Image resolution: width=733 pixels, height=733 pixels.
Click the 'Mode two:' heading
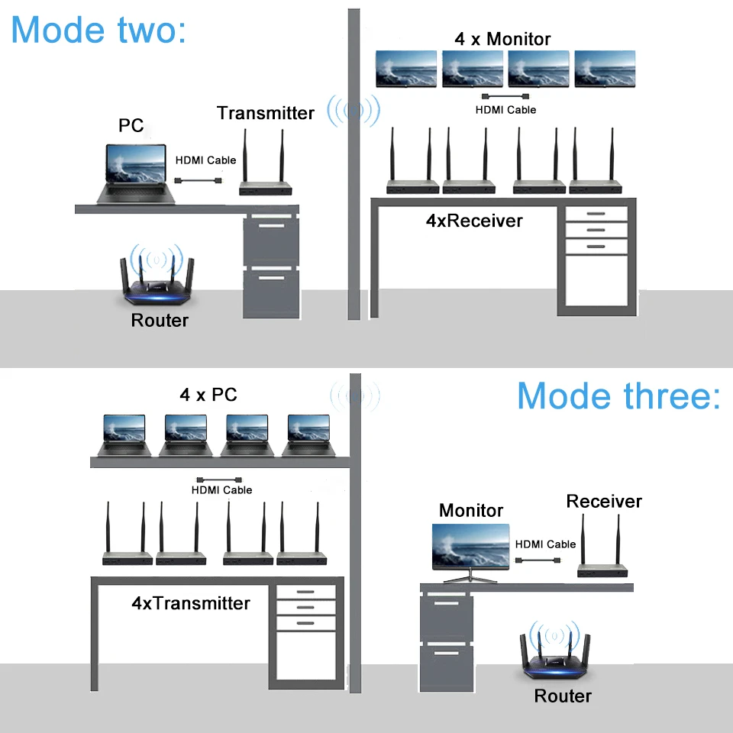pyautogui.click(x=98, y=30)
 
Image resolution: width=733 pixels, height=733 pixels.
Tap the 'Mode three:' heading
pyautogui.click(x=618, y=396)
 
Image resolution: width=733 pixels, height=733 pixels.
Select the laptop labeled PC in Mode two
pyautogui.click(x=136, y=174)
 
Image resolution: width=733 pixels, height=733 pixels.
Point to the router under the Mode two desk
pyautogui.click(x=157, y=277)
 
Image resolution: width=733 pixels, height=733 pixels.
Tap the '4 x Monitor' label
pyautogui.click(x=502, y=39)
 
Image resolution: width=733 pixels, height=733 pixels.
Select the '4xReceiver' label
pyautogui.click(x=474, y=221)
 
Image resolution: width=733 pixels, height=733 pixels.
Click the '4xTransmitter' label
pyautogui.click(x=191, y=603)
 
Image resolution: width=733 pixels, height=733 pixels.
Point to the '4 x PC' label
pyautogui.click(x=208, y=395)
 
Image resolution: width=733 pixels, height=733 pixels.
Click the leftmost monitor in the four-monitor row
pyautogui.click(x=406, y=69)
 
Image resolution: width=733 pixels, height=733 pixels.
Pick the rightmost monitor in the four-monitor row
pyautogui.click(x=605, y=69)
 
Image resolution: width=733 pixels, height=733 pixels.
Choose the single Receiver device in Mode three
pyautogui.click(x=602, y=545)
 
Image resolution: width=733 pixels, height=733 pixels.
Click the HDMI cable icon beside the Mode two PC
pyautogui.click(x=199, y=180)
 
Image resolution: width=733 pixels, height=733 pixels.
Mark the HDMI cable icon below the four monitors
pyautogui.click(x=505, y=96)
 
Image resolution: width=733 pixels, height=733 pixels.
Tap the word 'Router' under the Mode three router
pyautogui.click(x=563, y=696)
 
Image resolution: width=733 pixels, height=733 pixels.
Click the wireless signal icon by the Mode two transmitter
pyautogui.click(x=354, y=111)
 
